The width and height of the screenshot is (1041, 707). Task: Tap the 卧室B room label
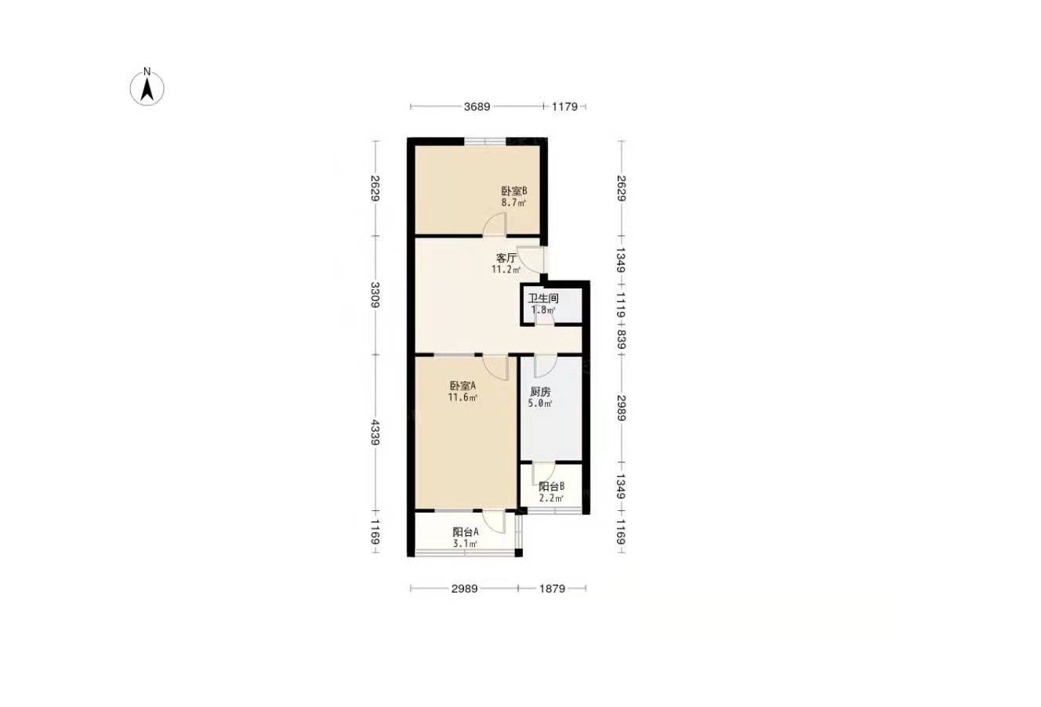(514, 191)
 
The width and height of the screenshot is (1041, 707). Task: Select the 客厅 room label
(506, 258)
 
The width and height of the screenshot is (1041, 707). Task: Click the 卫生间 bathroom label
(542, 299)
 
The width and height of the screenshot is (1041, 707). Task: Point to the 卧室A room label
(462, 386)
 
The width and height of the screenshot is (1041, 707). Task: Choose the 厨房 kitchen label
(540, 392)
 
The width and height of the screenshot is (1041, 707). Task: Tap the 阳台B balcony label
(552, 487)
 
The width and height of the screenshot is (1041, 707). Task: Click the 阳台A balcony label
(466, 531)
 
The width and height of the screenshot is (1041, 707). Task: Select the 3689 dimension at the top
(477, 107)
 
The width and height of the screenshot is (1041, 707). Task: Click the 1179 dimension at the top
(564, 107)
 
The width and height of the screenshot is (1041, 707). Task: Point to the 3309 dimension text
(375, 295)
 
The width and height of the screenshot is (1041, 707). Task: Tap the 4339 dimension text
(375, 433)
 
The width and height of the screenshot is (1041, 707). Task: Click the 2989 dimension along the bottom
(464, 589)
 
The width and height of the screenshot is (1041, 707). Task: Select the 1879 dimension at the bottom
(552, 589)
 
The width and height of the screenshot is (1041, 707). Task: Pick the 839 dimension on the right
(622, 339)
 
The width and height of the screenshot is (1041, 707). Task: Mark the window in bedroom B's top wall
(484, 141)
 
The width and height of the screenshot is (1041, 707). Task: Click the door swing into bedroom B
(495, 224)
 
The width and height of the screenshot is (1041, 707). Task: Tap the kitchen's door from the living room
(545, 366)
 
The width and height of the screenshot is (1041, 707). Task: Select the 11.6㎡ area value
(462, 397)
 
